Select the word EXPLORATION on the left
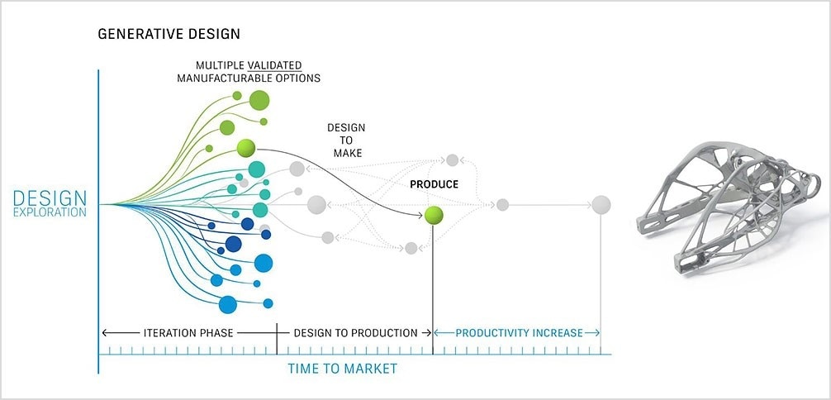(50, 212)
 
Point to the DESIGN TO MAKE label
(345, 141)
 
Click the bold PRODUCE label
(434, 184)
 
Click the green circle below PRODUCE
(434, 216)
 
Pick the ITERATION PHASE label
(188, 333)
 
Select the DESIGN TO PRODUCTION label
(356, 333)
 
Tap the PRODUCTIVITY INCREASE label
(520, 333)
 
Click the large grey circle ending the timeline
(601, 205)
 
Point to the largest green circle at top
(259, 101)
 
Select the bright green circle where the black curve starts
(245, 149)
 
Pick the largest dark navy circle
(233, 244)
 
